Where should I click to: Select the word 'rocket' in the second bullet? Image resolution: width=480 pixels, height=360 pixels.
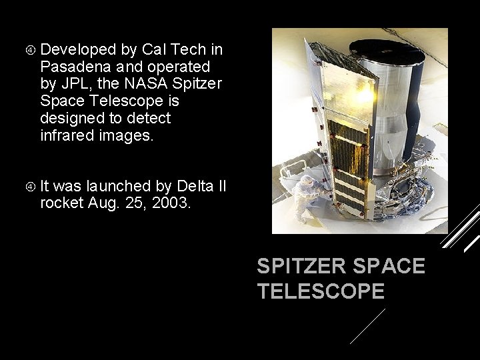[62, 203]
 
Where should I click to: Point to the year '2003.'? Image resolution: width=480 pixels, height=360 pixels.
[171, 203]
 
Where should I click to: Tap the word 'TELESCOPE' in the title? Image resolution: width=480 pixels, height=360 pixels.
[321, 291]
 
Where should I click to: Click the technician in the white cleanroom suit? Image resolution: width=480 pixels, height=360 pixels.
[309, 197]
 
